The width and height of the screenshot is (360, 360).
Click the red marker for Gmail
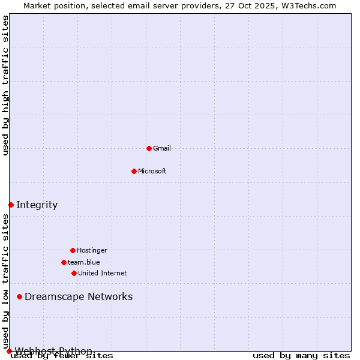(149, 148)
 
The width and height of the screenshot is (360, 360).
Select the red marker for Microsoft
(134, 171)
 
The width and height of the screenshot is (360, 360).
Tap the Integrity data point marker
(11, 205)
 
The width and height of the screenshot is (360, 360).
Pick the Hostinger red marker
(73, 250)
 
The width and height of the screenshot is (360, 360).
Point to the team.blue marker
(64, 262)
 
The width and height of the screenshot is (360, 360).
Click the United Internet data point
(74, 273)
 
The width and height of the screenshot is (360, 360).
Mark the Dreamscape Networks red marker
(19, 296)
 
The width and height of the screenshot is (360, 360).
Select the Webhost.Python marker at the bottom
(9, 351)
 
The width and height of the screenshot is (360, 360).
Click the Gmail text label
(162, 148)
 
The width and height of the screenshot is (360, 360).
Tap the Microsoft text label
(152, 171)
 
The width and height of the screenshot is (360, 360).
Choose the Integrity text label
(37, 205)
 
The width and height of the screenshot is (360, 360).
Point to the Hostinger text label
(92, 250)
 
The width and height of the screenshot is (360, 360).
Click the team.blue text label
(84, 262)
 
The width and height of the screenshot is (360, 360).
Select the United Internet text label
(103, 273)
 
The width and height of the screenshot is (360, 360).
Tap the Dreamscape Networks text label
(79, 296)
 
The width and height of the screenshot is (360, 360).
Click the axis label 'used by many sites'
(301, 355)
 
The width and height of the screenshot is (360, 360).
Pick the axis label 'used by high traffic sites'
(5, 85)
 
